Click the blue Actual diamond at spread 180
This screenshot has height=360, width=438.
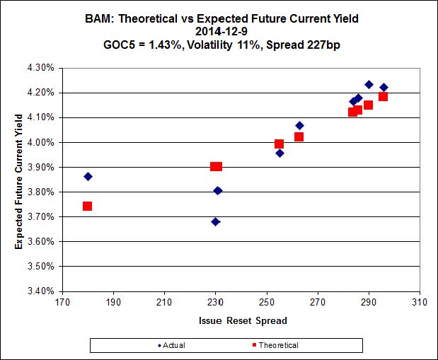(88, 176)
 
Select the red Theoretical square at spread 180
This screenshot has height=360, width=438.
(87, 206)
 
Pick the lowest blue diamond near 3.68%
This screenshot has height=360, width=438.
(215, 221)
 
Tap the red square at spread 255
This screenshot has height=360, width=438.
(279, 144)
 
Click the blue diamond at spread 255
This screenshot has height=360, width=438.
(279, 153)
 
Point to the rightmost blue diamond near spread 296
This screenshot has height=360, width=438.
(384, 88)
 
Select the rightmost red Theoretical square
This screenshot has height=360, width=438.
(383, 96)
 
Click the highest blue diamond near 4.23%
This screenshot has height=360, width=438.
(369, 84)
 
